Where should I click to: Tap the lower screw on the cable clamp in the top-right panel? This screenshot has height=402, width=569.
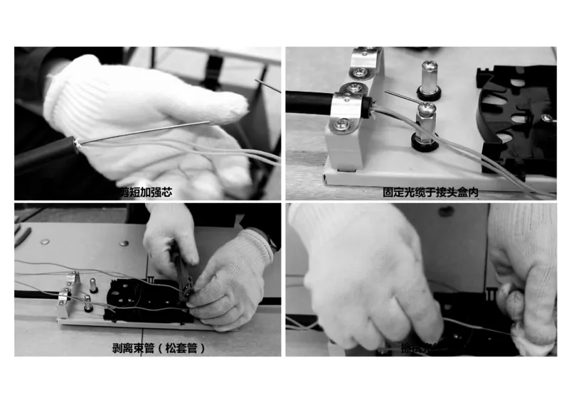pos(342,124)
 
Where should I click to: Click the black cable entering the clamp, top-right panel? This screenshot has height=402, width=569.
pos(309,102)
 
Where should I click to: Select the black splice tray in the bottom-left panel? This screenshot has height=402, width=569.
pos(142,302)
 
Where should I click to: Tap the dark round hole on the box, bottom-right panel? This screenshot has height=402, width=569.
pos(446,211)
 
